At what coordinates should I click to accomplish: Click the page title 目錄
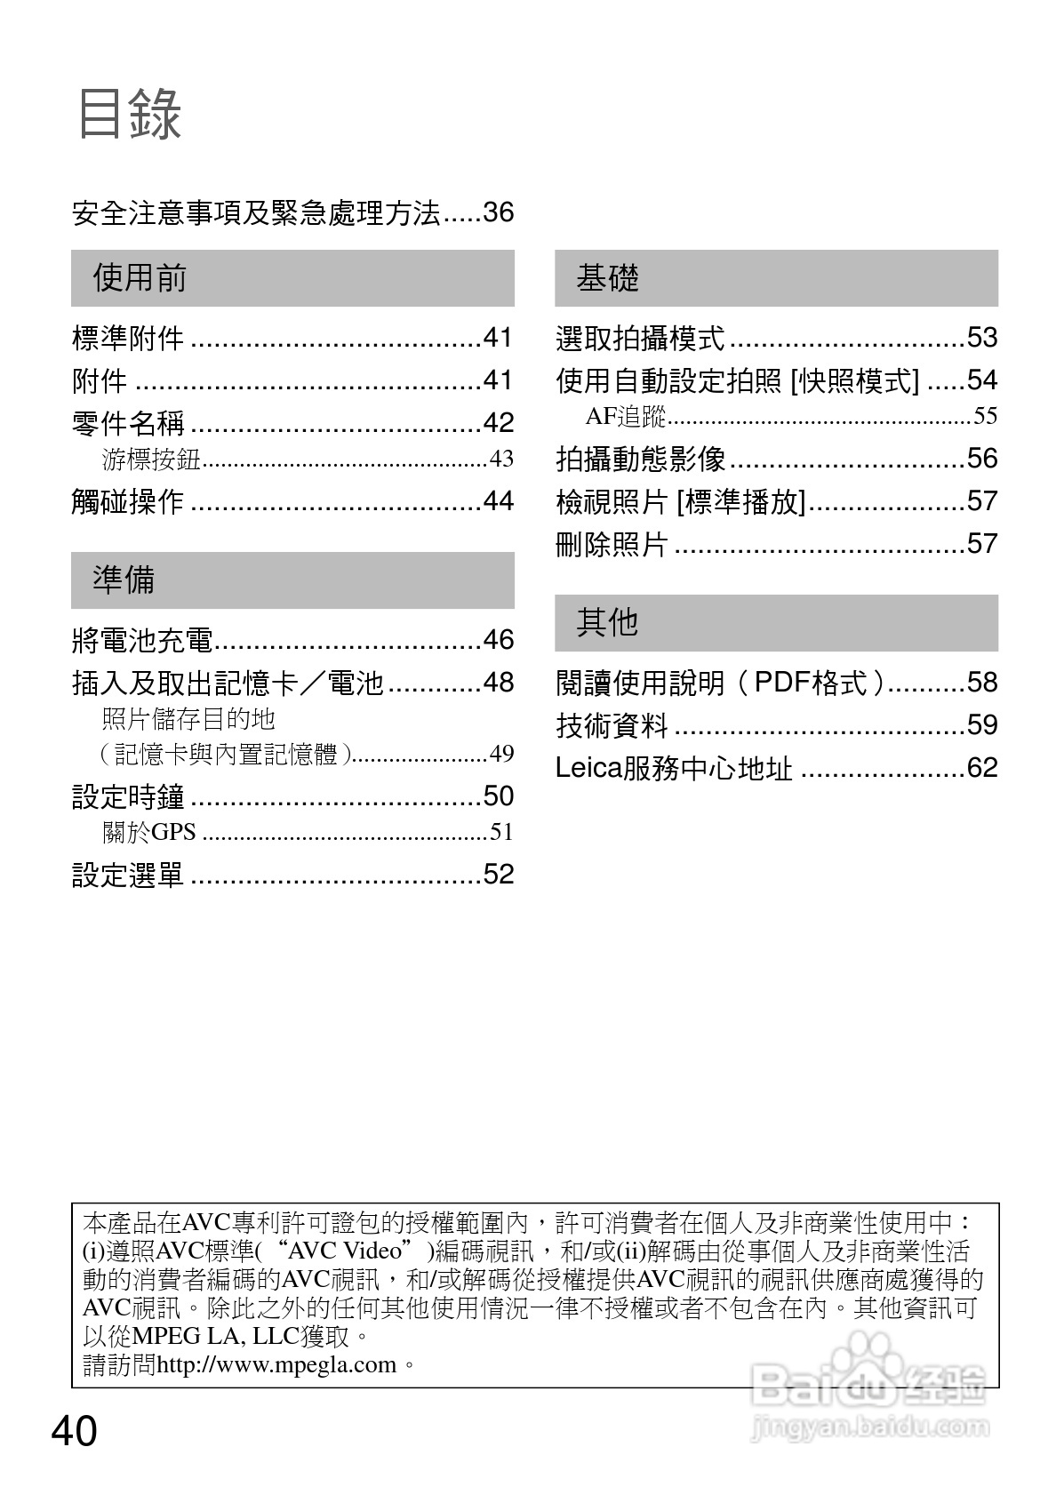pos(130,115)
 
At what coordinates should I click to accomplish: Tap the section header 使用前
pos(140,278)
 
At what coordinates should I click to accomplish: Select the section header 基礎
pos(608,278)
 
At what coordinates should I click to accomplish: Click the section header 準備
pos(124,580)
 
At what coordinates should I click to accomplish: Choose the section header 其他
pos(608,622)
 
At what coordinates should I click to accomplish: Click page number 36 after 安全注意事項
pos(498,213)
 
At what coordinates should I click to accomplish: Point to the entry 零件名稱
pos(128,423)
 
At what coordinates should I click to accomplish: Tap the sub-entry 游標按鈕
pos(152,460)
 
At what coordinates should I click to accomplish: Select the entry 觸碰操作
pos(128,502)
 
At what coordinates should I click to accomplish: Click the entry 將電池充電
pos(142,640)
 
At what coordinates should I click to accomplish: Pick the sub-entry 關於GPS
pos(148,833)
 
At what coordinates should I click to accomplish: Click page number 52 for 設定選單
pos(498,875)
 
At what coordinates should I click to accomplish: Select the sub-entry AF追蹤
pos(626,416)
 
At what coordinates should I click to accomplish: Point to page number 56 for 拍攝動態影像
pos(981,459)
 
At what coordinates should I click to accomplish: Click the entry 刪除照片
pos(612,544)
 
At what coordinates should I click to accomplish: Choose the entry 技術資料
pos(612,725)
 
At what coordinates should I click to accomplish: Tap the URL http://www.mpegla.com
pos(276,1364)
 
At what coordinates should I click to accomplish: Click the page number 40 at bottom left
pos(75,1432)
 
